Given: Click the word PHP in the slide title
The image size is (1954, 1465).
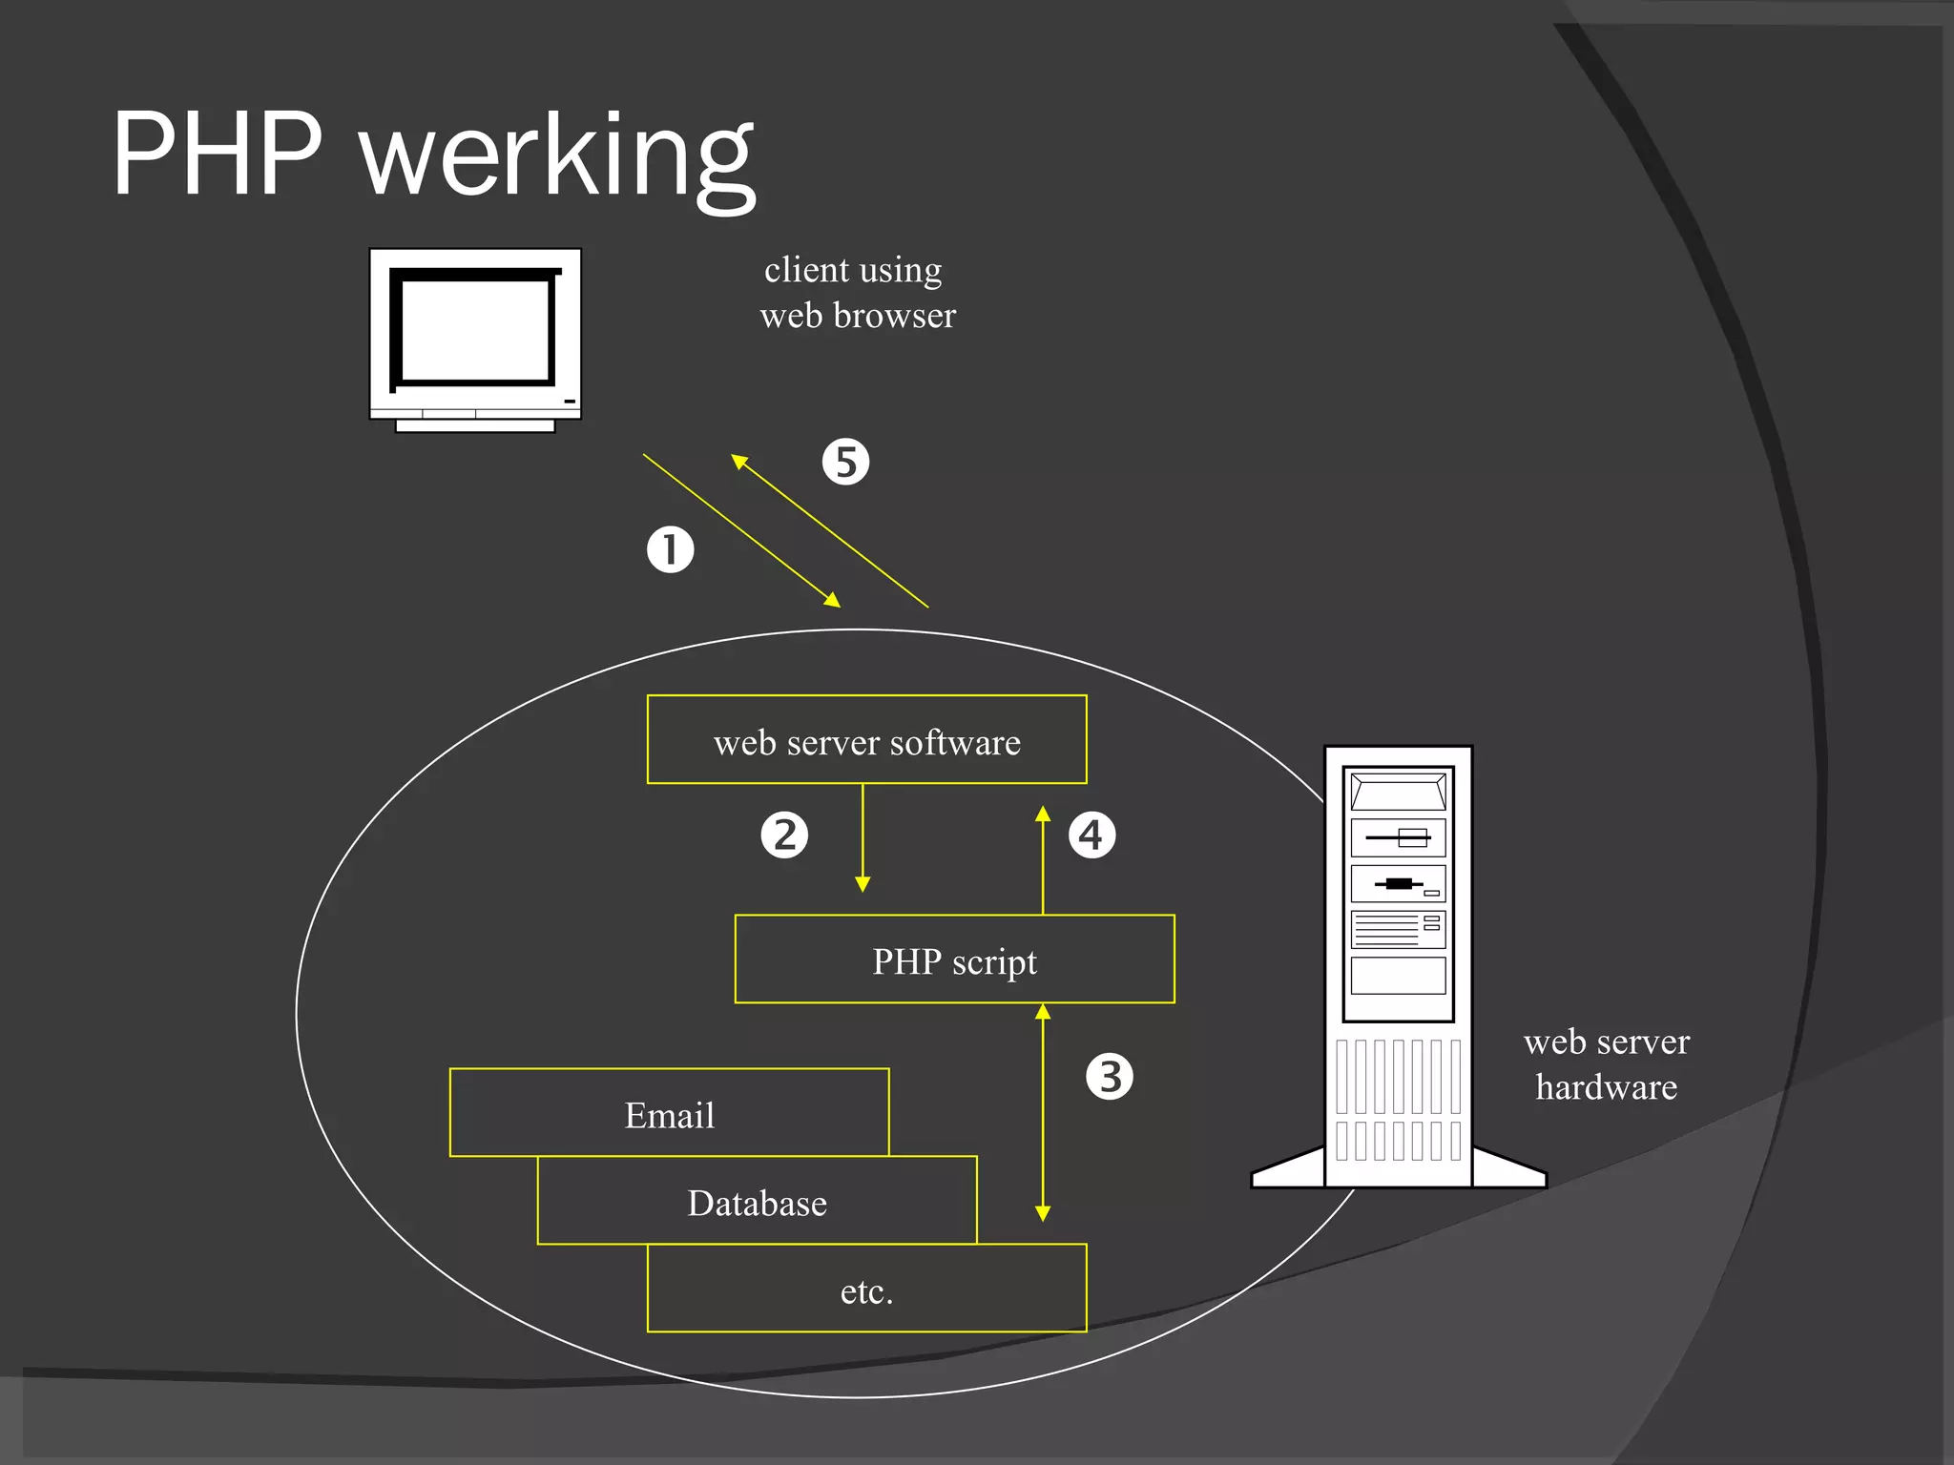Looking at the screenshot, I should click(218, 155).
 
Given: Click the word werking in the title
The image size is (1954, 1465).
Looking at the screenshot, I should click(558, 157).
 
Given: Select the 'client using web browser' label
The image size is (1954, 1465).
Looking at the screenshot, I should click(856, 292).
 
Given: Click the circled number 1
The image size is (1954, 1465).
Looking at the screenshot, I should click(670, 549).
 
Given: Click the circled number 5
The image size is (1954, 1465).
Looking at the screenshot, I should click(845, 462).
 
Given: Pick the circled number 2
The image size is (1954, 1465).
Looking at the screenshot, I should click(784, 835).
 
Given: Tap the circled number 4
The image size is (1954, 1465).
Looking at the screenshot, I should click(1091, 835).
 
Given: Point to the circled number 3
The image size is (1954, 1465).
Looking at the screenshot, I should click(1110, 1076).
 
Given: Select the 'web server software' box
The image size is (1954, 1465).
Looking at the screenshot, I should click(866, 740).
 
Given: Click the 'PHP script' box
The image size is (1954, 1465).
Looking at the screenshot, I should click(954, 959).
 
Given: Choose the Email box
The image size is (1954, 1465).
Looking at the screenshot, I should click(669, 1113).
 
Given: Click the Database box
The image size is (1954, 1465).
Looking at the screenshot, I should click(757, 1202).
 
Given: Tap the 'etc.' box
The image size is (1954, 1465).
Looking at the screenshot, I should click(866, 1290).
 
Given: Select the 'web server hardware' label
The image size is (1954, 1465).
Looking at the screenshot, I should click(1607, 1063).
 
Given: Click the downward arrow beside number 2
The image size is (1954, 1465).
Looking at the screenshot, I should click(863, 839).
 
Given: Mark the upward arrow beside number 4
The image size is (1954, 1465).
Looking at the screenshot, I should click(1043, 858).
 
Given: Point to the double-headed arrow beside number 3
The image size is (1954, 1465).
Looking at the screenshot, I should click(1043, 1112).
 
